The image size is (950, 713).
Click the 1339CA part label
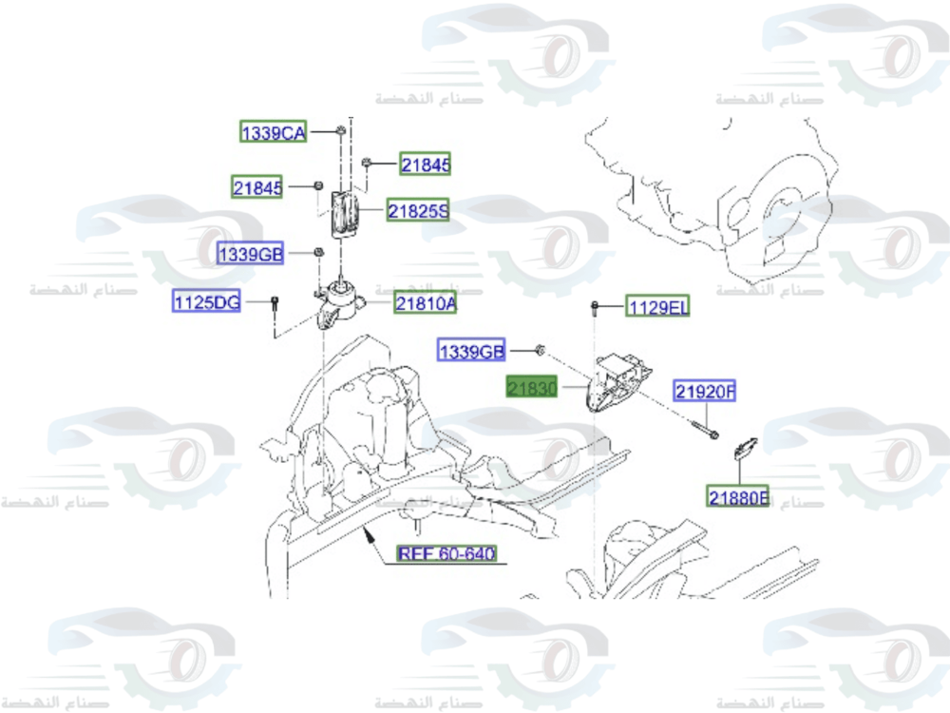coord(273,133)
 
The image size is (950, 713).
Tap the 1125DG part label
coord(206,302)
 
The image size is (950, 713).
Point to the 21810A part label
coord(426,303)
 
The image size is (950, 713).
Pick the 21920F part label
coord(706,391)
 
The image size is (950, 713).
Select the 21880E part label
coord(738,495)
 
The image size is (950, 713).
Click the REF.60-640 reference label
coord(446,553)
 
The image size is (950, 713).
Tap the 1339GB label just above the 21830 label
coord(471,351)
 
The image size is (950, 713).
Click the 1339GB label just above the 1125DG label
coord(251,254)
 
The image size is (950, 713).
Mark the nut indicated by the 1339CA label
coord(338,130)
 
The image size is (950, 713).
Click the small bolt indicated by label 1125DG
coord(274,303)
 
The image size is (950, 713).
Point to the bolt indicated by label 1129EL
coord(594,306)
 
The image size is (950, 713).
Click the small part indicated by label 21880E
coord(745,447)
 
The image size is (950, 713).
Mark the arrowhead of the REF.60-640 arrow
coord(370,536)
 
